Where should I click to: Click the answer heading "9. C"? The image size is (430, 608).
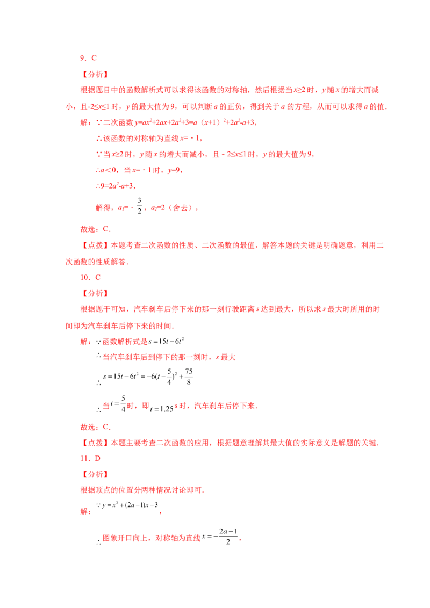click(88, 58)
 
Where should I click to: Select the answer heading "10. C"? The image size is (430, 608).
click(90, 277)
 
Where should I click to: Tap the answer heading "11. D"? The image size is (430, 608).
click(90, 458)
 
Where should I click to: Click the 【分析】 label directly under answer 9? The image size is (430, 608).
click(95, 74)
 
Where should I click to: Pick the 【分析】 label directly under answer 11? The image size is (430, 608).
click(95, 474)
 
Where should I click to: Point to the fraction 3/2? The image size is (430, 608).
click(139, 206)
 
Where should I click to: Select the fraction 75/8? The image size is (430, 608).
click(189, 377)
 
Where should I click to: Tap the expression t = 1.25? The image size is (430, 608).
click(161, 409)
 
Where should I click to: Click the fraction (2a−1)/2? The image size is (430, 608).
click(228, 537)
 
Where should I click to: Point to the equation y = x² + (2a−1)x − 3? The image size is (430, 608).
click(130, 505)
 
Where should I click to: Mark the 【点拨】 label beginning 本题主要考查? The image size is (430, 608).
click(95, 443)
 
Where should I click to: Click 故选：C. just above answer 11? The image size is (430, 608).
click(96, 427)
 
